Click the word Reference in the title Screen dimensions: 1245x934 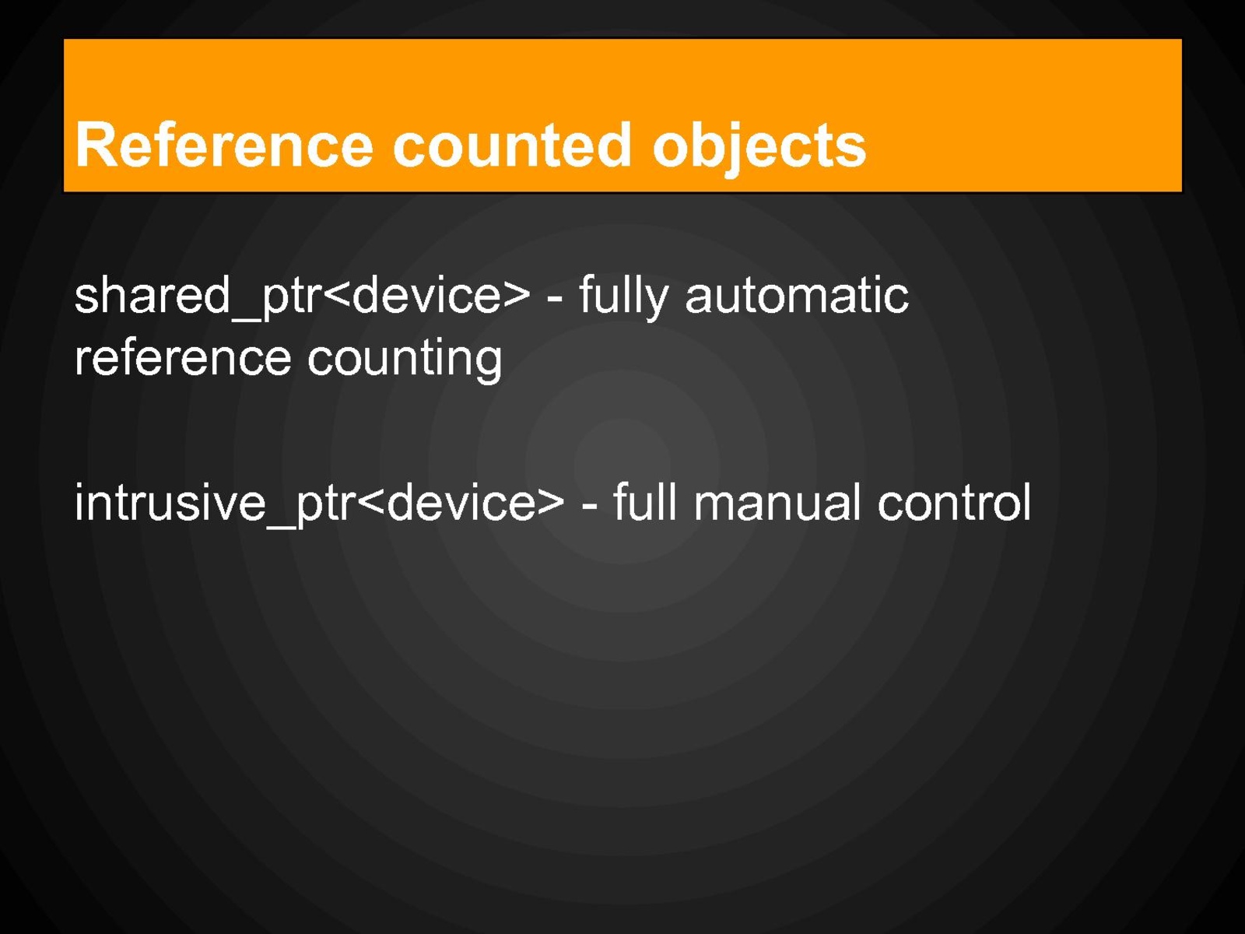click(x=224, y=146)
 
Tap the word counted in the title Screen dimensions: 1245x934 click(x=512, y=146)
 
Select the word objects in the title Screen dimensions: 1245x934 click(x=759, y=149)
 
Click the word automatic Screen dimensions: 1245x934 click(x=797, y=295)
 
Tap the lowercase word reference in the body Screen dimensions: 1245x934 click(x=183, y=360)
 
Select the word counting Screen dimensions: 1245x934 click(x=405, y=360)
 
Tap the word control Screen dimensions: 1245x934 click(x=954, y=501)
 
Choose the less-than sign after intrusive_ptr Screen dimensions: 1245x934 click(x=372, y=503)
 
